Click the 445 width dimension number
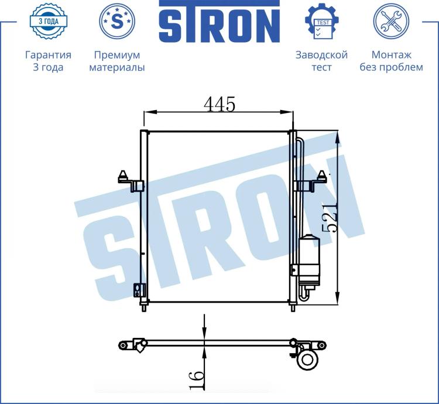click(220, 104)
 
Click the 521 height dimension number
click(330, 218)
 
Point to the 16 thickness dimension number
click(196, 379)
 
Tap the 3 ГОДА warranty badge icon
click(49, 21)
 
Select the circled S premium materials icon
click(117, 21)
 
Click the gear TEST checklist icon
click(322, 21)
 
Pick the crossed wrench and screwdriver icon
click(391, 21)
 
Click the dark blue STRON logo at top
click(220, 21)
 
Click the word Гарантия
click(48, 55)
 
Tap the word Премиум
click(117, 55)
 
